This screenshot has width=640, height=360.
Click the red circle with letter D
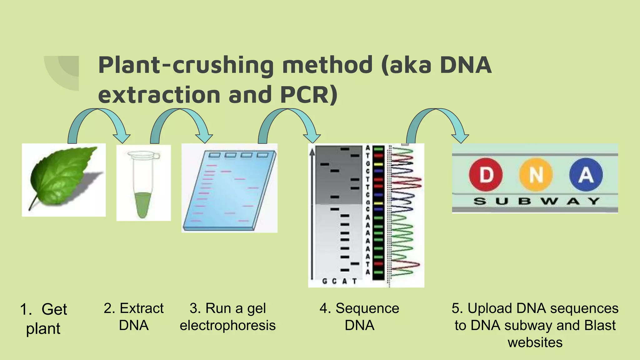486,175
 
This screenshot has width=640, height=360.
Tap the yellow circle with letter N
536,175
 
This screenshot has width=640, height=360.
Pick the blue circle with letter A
586,175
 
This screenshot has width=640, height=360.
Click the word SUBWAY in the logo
536,201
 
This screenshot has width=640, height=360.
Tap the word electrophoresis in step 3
227,325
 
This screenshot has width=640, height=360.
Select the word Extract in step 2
142,308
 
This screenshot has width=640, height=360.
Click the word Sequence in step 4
367,308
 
